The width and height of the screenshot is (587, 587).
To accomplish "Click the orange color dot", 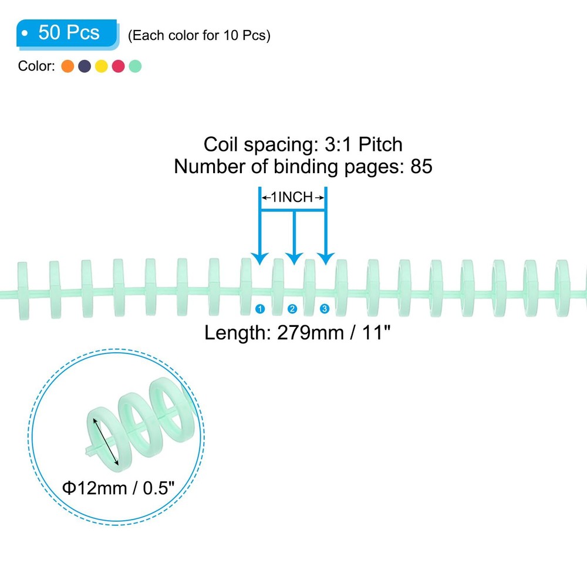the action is tap(68, 66).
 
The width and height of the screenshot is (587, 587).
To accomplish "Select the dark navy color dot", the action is tap(85, 66).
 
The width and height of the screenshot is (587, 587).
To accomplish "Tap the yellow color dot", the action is tap(102, 66).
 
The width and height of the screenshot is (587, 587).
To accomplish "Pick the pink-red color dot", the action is tap(119, 66).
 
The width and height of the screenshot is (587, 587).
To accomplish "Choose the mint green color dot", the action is tap(135, 66).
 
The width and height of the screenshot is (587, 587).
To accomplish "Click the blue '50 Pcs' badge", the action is tap(68, 33).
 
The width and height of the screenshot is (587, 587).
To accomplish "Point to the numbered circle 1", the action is tap(260, 309).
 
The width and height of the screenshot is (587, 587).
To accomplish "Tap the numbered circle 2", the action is tap(292, 309).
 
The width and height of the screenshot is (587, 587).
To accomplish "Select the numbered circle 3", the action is tap(325, 309).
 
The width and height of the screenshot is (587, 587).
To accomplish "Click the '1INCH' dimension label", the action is tap(292, 197).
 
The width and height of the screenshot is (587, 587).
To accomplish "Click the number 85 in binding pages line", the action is tap(421, 166).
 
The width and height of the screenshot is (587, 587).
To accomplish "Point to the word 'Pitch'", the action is tap(380, 144).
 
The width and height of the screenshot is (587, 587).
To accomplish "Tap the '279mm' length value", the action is tap(311, 332).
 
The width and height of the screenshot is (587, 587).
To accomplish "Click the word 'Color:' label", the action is tap(36, 66).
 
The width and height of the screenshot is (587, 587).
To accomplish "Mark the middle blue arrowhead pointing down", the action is tap(294, 258).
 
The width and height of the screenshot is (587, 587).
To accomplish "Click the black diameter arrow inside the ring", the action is tap(106, 442).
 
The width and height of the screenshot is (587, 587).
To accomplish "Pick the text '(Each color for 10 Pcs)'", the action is tap(199, 36).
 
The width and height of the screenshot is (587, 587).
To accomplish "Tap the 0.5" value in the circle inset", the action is tap(158, 488).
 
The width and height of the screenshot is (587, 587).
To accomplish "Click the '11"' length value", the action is tap(376, 332).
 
